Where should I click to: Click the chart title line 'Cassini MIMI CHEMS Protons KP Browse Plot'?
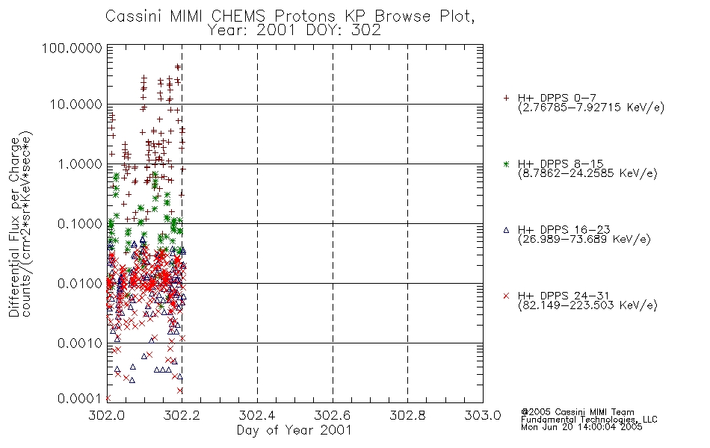pos(290,16)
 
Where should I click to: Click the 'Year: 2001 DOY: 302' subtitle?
pos(294,31)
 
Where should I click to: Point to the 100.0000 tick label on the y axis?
pos(72,48)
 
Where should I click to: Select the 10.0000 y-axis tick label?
pos(76,105)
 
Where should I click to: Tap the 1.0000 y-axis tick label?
pos(80,164)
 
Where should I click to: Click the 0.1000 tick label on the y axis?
pos(80,223)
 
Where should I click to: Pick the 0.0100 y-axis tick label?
pos(80,283)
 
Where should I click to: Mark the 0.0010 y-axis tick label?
pos(80,343)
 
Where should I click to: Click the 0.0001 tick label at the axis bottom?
pos(80,398)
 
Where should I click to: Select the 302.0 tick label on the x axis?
pos(107,415)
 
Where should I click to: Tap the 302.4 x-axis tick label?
pos(257,415)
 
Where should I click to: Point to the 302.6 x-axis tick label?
pos(333,415)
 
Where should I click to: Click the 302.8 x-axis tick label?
pos(407,415)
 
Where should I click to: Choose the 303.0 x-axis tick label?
pos(483,415)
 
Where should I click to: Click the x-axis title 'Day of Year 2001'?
pos(294,430)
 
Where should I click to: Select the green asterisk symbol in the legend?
pos(506,164)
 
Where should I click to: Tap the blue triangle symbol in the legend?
pos(506,230)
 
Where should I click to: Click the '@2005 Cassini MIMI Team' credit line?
pos(577,412)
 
